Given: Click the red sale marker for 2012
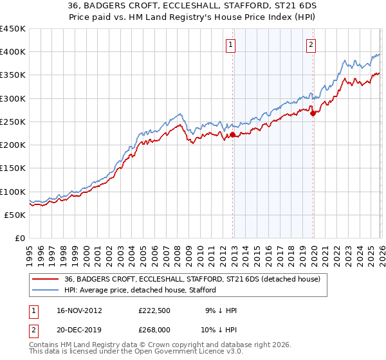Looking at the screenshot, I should coord(233,134).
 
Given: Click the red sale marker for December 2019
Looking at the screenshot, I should coord(313,113).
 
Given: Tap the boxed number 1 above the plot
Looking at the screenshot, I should coord(230,44).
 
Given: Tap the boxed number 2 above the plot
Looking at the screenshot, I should coord(311,44).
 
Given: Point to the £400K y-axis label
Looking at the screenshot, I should coord(13,52).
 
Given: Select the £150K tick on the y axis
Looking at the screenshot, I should coord(13,168).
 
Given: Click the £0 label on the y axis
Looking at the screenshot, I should coord(19,239).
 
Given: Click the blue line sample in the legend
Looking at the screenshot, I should coord(46,291).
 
